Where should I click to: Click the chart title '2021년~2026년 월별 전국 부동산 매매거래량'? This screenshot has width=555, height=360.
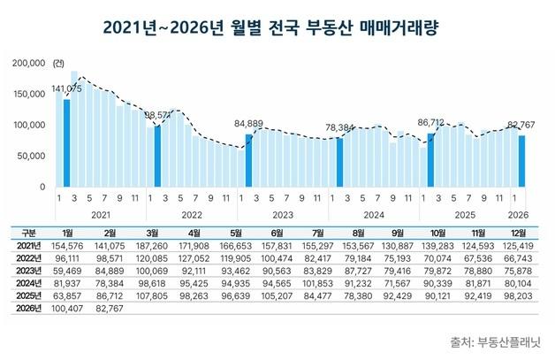coord(277,28)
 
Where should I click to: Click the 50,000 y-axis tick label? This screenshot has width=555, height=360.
coord(33,156)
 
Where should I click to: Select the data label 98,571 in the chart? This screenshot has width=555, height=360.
coord(160,116)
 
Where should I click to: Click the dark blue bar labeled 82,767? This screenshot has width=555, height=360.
coord(521,161)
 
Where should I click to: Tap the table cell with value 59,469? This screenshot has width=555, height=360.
coord(68,271)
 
